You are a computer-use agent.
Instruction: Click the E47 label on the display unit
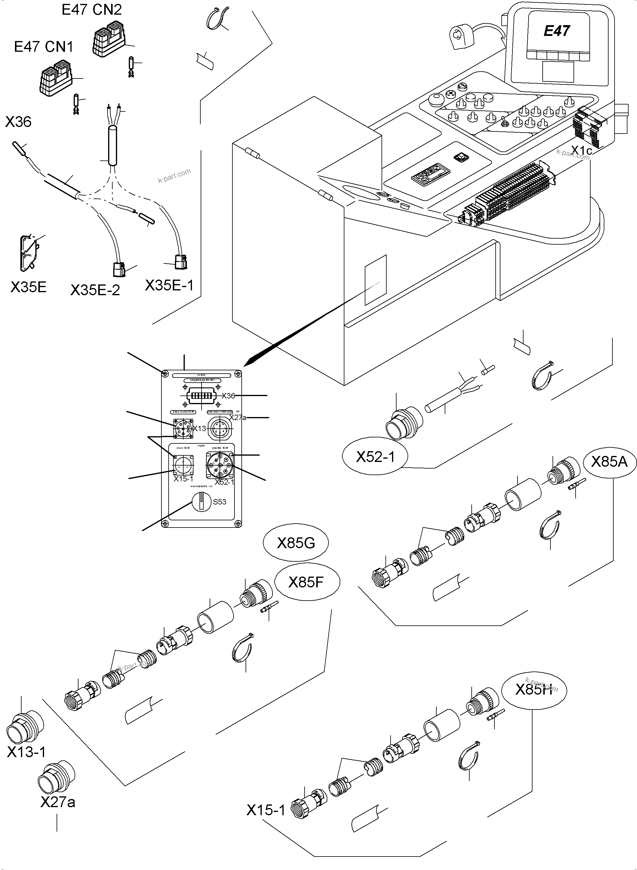(556, 31)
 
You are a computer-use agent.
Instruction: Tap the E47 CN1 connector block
(55, 77)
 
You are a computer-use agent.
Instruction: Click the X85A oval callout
(609, 461)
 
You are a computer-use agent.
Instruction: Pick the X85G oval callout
(296, 543)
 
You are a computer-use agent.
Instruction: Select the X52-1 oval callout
(375, 457)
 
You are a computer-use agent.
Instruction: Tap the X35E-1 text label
(169, 285)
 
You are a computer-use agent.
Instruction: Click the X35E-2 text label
(95, 290)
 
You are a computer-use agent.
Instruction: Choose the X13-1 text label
(26, 752)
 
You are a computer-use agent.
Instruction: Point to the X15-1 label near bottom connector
(266, 810)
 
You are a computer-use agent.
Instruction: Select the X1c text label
(581, 150)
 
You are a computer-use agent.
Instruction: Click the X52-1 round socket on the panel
(220, 465)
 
